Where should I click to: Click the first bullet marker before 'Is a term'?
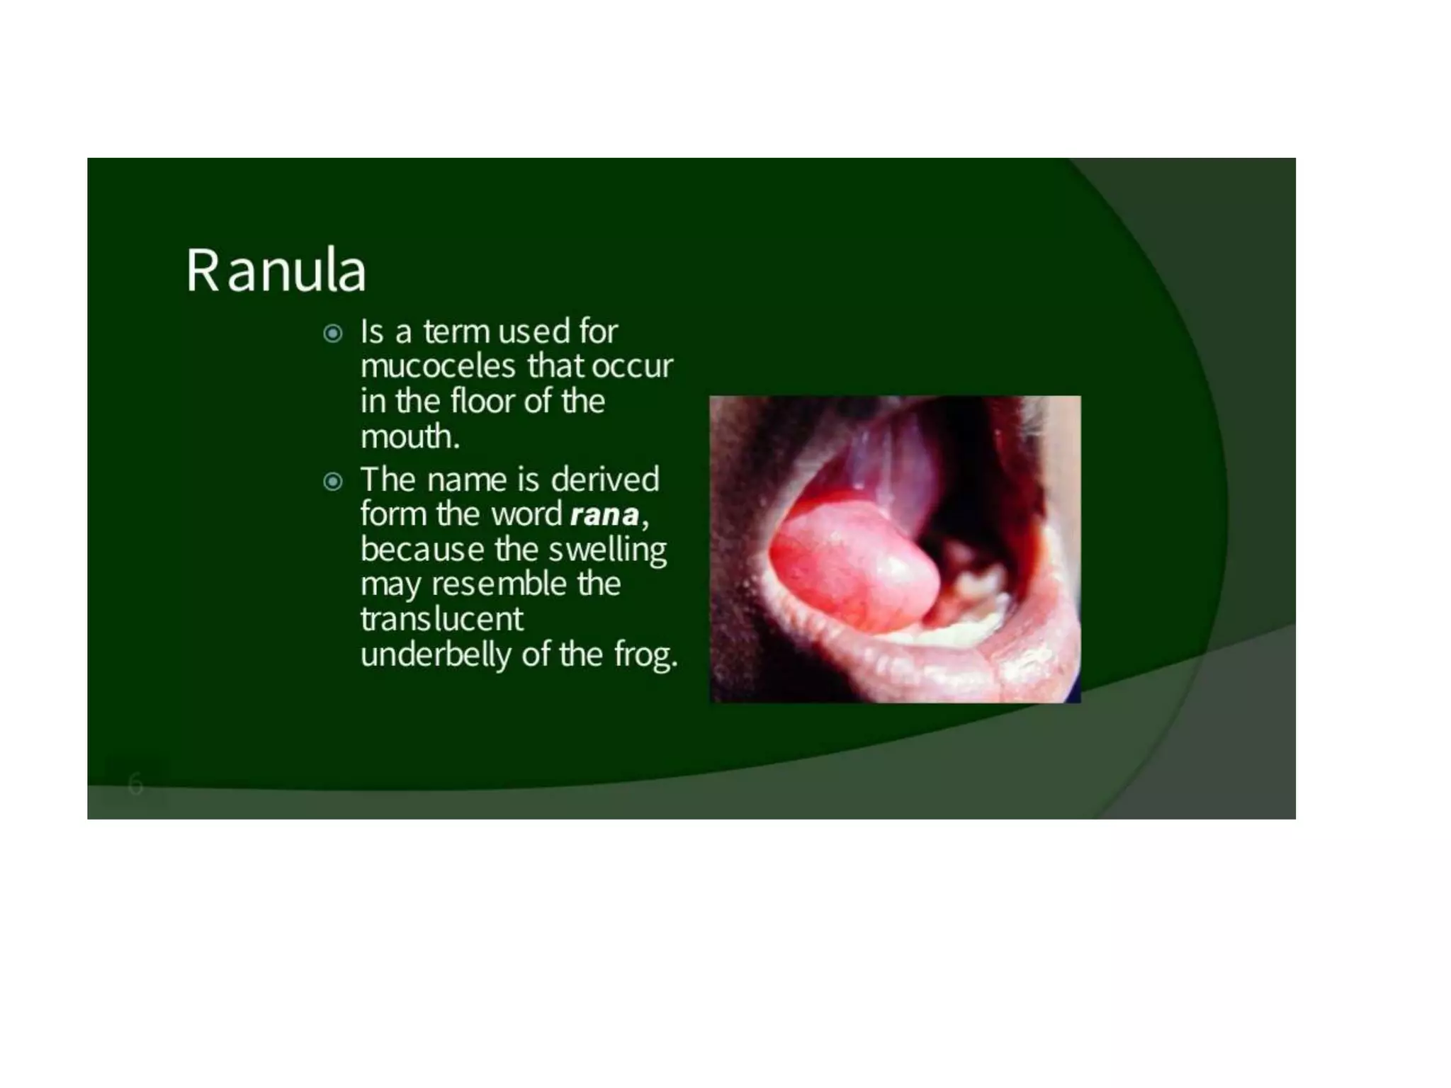tap(332, 333)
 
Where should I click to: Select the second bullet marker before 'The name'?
tap(332, 482)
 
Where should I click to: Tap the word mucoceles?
tap(438, 366)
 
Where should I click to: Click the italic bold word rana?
tap(604, 514)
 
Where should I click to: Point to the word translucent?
tap(441, 619)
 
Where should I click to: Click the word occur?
tap(631, 366)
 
